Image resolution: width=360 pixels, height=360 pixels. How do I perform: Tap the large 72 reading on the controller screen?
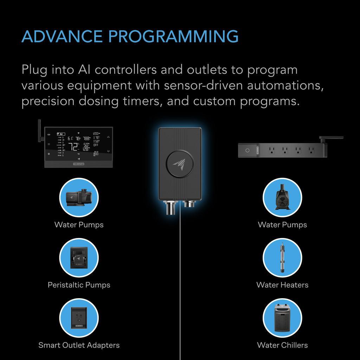(x=73, y=147)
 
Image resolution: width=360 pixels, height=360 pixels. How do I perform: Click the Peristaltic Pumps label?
(x=79, y=285)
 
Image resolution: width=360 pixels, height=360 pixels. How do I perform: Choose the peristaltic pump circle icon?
(x=79, y=258)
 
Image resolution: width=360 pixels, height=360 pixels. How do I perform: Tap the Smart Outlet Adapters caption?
(x=79, y=345)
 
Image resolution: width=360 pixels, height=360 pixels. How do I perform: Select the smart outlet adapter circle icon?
(x=79, y=318)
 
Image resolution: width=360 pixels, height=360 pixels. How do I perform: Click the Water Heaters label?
(x=282, y=285)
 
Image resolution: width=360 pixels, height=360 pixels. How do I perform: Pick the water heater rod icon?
(x=282, y=258)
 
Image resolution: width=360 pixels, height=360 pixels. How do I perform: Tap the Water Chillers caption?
(x=282, y=345)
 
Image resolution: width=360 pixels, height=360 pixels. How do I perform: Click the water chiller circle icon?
(x=282, y=318)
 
